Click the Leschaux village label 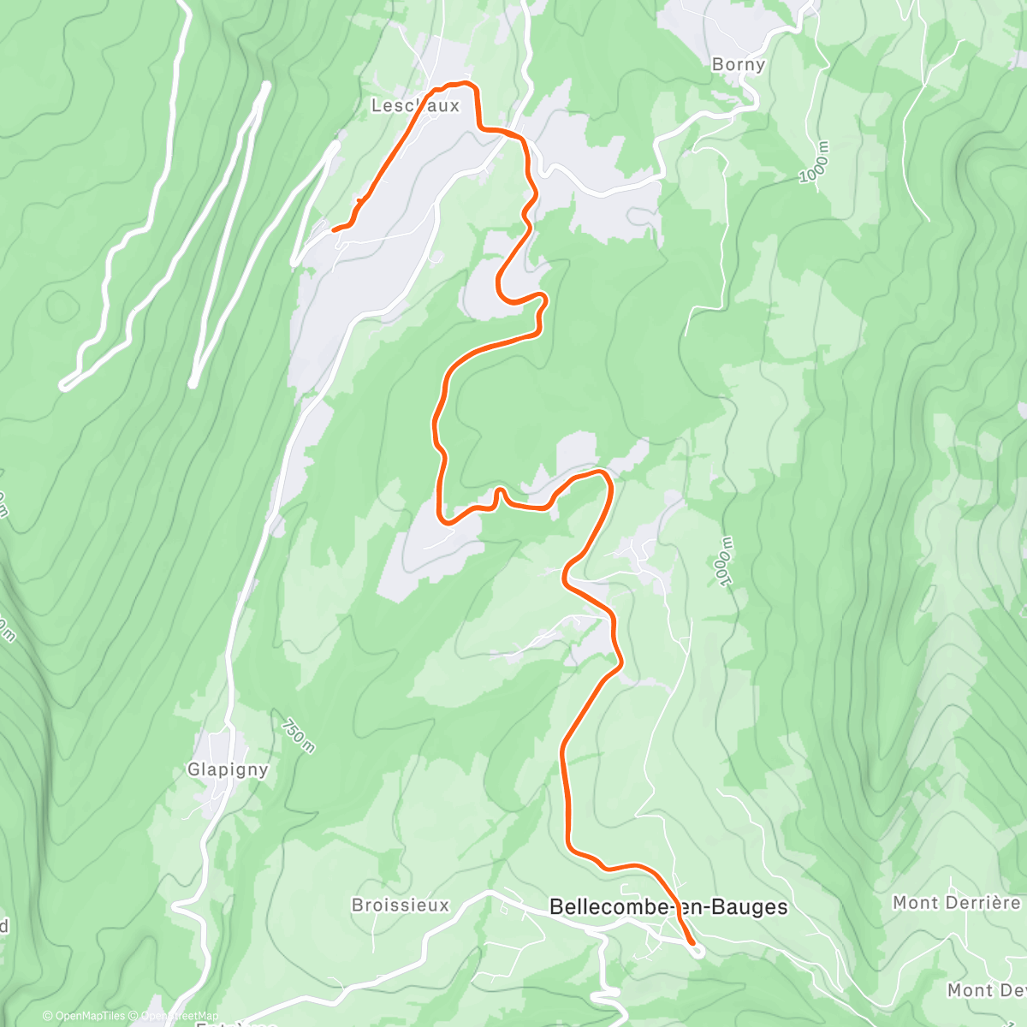pos(415,106)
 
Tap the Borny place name pos(739,64)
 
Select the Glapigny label pos(228,769)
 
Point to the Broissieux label pos(400,905)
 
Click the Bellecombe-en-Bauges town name pos(668,906)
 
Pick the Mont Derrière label pos(956,903)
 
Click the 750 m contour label pos(297,734)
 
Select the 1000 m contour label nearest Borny pos(815,163)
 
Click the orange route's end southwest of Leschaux pos(334,229)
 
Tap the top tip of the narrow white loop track pos(265,85)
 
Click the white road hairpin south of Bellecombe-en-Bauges pos(605,993)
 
